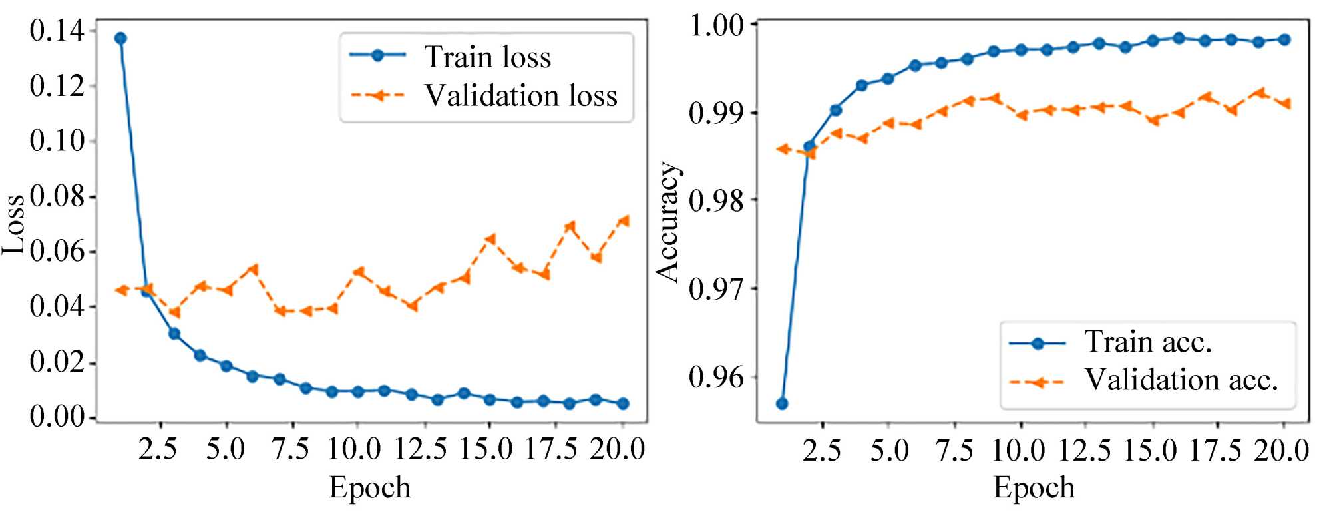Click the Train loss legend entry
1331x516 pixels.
[x=487, y=57]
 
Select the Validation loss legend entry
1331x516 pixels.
[x=520, y=96]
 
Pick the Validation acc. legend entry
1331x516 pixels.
[x=1181, y=380]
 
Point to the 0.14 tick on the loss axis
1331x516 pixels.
[x=58, y=31]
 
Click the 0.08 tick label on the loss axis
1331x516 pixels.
[x=58, y=197]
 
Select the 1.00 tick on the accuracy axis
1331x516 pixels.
[x=717, y=25]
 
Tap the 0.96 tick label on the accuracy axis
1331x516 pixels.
[x=717, y=378]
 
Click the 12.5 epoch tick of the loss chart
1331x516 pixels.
[x=421, y=450]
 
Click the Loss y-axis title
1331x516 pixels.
[x=15, y=225]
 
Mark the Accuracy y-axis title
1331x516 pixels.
[x=667, y=222]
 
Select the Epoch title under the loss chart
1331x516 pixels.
[x=370, y=488]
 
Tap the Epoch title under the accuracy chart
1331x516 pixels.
[x=1034, y=488]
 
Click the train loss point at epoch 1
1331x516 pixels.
[x=120, y=38]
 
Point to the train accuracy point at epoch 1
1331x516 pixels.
[x=783, y=403]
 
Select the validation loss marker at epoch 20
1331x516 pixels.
[x=623, y=220]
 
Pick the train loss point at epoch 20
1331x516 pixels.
[x=623, y=403]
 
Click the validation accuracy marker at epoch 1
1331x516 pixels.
[x=783, y=149]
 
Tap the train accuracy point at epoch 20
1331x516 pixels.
[x=1284, y=39]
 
